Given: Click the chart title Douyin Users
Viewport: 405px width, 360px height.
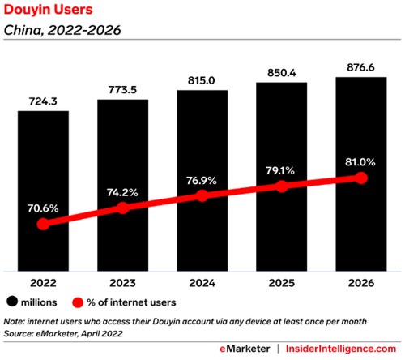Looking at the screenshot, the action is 48,10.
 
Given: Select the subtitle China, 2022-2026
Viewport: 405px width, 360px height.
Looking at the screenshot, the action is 62,30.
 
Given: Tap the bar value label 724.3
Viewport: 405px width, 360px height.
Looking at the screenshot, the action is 43,101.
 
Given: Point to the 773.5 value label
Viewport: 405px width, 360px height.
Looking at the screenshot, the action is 122,90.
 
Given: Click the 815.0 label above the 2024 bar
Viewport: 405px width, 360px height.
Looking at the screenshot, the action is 202,80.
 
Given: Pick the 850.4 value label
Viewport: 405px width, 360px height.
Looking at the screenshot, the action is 282,73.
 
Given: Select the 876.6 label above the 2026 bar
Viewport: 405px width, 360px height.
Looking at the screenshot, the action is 360,67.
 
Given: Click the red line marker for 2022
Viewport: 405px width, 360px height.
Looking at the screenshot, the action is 43,224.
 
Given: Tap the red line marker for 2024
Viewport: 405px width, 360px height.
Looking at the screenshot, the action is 202,195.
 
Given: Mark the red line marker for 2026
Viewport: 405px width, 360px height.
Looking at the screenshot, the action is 361,178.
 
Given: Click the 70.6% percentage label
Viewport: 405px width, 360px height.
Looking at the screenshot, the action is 43,208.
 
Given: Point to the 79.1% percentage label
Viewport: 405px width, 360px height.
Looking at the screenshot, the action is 280,170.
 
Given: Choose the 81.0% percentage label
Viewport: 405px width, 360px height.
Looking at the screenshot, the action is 360,162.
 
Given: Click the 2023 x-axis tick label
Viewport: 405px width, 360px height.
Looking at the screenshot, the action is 122,283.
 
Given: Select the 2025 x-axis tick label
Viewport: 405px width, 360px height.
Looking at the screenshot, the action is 282,283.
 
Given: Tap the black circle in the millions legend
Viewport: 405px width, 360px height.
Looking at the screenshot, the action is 12,302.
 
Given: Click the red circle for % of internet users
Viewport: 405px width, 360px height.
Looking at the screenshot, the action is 78,302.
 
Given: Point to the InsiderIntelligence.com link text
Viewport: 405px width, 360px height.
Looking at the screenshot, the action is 341,349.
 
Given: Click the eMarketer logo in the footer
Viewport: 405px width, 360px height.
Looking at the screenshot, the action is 245,349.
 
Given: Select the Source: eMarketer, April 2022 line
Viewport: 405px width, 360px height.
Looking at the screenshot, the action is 63,334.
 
